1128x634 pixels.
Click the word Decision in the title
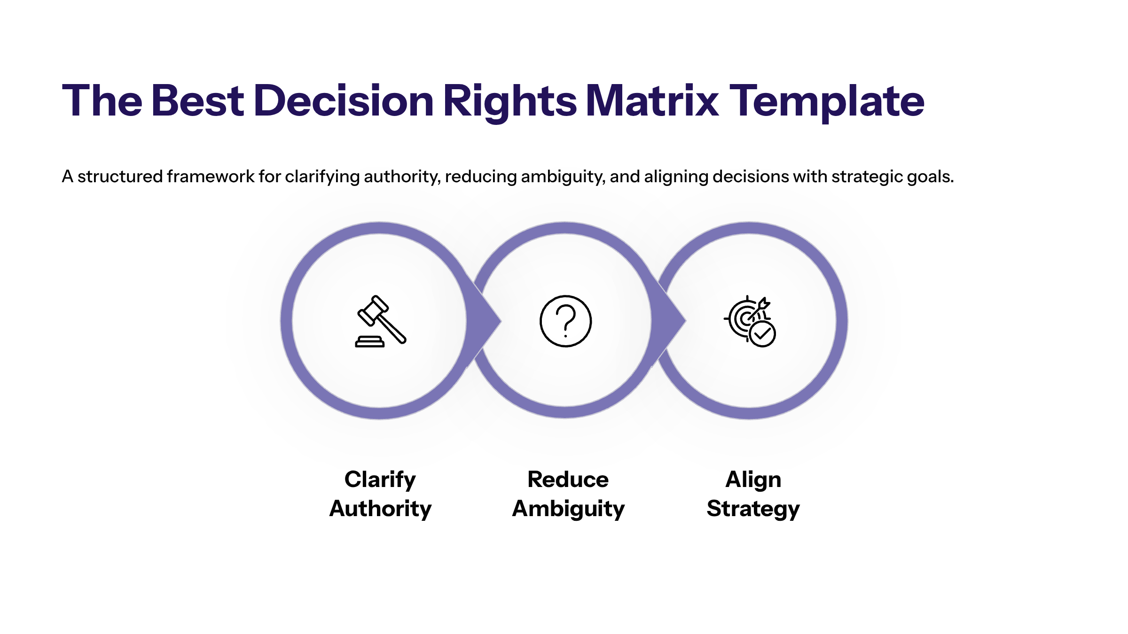click(x=344, y=101)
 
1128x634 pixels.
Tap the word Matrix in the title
click(x=652, y=101)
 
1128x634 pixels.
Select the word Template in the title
click(x=827, y=101)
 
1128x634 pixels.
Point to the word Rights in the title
click(x=509, y=101)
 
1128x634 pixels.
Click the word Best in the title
click(x=197, y=101)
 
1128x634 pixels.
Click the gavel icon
click(x=380, y=321)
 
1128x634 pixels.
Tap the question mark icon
click(x=565, y=321)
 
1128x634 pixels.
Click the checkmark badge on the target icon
click(x=762, y=334)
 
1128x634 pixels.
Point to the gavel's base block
click(x=370, y=342)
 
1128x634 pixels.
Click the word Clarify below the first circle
click(x=380, y=479)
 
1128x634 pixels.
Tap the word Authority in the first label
click(x=380, y=509)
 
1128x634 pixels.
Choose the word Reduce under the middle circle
click(x=568, y=479)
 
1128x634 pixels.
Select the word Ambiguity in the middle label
click(x=568, y=509)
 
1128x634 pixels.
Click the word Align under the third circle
click(x=753, y=479)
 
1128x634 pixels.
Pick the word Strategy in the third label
click(x=753, y=509)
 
